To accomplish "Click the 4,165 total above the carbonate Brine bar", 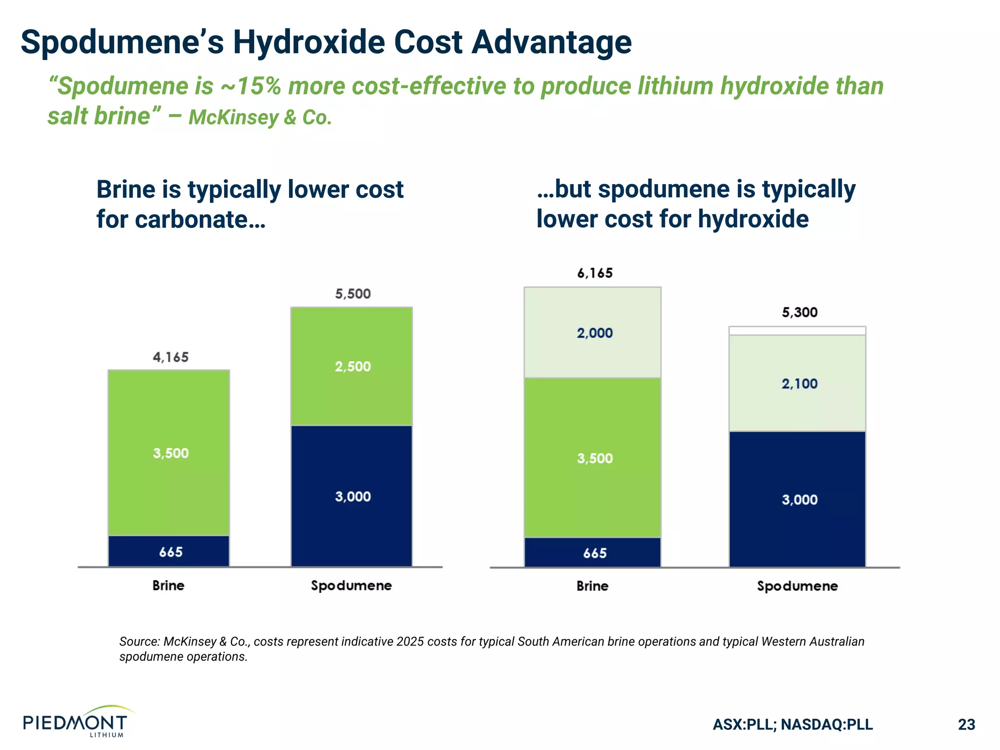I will [170, 357].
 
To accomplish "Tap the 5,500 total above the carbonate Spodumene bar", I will [353, 294].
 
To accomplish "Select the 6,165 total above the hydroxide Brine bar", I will [594, 273].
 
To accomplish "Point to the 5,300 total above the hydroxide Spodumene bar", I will [799, 312].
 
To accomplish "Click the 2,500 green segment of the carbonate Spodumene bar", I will [352, 367].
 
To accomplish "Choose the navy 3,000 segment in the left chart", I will [352, 497].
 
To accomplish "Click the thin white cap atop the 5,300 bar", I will [797, 331].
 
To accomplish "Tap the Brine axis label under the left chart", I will [168, 585].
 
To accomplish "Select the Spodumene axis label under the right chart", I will [797, 586].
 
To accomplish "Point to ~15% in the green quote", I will [250, 86].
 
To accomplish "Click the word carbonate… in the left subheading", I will [200, 219].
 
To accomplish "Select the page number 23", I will [966, 724].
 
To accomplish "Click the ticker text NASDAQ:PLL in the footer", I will [827, 724].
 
